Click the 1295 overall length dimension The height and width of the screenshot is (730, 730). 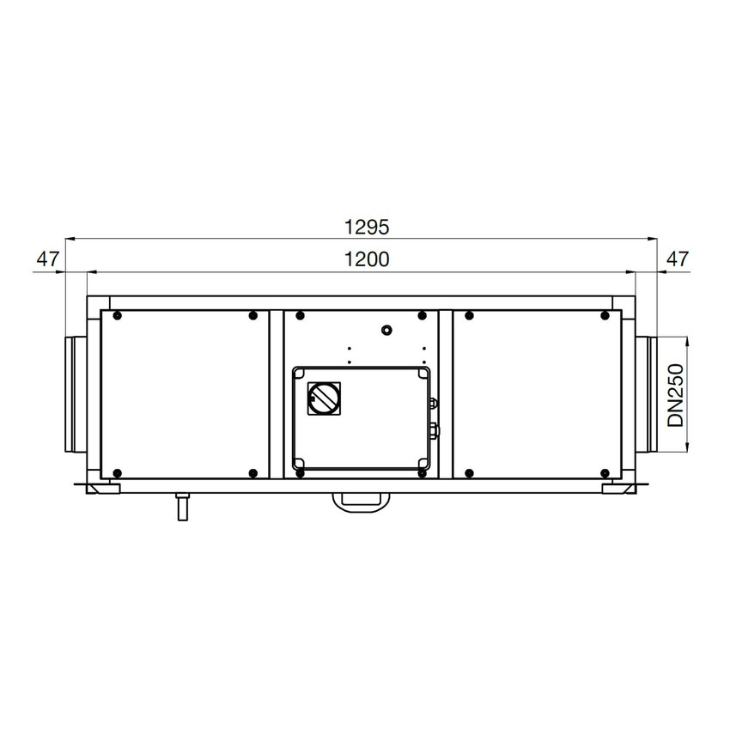coord(367,228)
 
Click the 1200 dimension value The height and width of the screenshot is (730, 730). coord(367,259)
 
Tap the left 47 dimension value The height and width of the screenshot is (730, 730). coord(48,259)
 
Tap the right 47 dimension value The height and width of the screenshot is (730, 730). coord(678,259)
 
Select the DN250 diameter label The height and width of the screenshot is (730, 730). coord(675,395)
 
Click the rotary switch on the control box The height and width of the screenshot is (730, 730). coord(324,398)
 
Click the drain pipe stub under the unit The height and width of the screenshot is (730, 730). coord(182,507)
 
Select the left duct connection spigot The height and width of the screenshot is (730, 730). coord(76,394)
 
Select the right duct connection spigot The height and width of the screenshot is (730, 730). coord(646,394)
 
